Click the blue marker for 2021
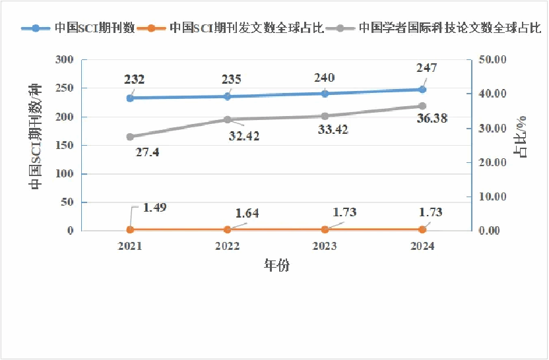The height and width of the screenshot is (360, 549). [x=130, y=98]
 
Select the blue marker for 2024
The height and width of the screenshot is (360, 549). [x=422, y=90]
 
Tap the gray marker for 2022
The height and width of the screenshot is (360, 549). [x=228, y=120]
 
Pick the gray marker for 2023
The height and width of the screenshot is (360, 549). [x=325, y=116]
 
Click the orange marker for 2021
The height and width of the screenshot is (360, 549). [x=130, y=229]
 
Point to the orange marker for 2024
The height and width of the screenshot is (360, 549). [x=422, y=229]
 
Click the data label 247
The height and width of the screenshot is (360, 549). [x=426, y=68]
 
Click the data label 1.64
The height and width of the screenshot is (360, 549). [x=247, y=213]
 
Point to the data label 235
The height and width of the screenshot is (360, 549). [x=231, y=79]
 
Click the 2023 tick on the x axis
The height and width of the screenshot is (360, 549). [x=325, y=246]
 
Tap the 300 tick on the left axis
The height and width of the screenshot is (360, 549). [x=65, y=60]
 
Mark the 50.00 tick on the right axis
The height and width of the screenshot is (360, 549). [x=490, y=60]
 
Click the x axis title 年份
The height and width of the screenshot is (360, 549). [x=276, y=266]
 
